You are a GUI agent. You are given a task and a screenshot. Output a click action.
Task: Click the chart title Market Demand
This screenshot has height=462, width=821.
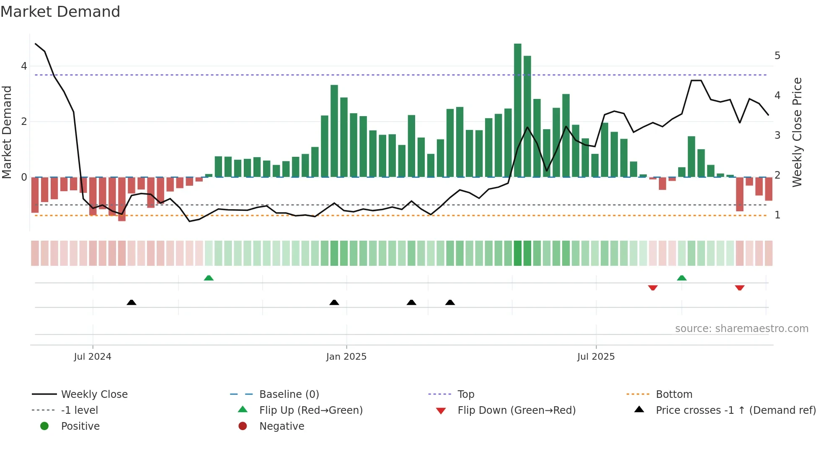pos(60,12)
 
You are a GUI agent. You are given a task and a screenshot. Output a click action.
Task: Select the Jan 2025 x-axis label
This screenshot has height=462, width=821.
pos(346,357)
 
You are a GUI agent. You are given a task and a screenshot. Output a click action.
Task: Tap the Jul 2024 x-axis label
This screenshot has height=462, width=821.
pos(93,357)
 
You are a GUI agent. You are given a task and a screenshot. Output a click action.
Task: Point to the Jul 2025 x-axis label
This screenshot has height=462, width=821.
pos(596,357)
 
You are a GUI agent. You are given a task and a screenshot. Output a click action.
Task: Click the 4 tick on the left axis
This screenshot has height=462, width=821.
pos(24,66)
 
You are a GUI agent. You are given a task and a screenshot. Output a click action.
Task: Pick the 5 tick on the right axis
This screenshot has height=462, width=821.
pos(777,56)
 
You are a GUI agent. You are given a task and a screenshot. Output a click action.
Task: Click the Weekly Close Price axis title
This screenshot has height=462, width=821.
pos(797,132)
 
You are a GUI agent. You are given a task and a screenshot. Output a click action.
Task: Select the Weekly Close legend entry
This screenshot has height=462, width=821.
pos(94,395)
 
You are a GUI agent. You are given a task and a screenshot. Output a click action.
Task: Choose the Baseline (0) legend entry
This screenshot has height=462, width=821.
pos(289,395)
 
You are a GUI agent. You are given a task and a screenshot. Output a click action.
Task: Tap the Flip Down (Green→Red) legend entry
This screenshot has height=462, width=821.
pos(516,410)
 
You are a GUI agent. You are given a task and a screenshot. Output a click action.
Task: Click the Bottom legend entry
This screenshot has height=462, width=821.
pos(674,395)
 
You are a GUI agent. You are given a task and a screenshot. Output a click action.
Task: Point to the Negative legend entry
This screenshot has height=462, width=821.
pos(281,426)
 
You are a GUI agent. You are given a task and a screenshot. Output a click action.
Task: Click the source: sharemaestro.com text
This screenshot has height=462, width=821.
pos(741,329)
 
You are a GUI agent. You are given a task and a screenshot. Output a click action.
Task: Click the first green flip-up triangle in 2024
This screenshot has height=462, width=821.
pos(209,278)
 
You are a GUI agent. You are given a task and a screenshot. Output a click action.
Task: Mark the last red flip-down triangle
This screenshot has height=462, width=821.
pos(740,288)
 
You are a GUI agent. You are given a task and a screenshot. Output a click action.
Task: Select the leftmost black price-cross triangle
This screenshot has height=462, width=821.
pos(132,302)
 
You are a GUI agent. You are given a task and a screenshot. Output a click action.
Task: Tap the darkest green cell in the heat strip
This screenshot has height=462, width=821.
pos(518,253)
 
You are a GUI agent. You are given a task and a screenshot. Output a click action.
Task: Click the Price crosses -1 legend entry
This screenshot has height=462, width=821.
pos(736,410)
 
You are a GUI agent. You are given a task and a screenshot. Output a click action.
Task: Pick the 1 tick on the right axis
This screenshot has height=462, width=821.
pos(777,215)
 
